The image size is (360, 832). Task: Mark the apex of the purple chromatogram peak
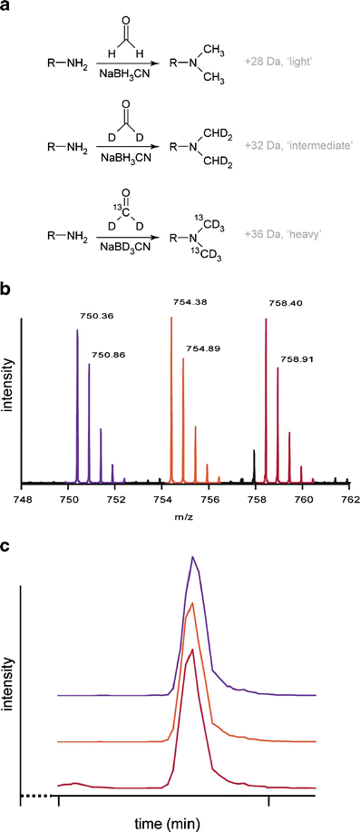(192, 557)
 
